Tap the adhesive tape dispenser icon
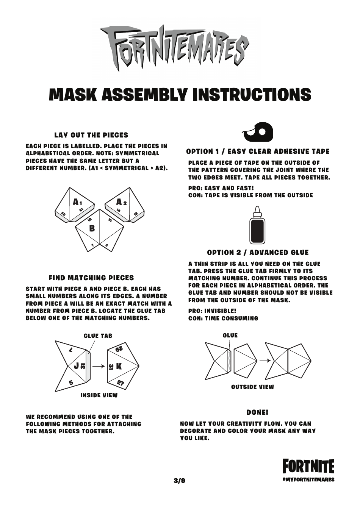tap(258, 132)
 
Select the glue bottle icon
tap(257, 226)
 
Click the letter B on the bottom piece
tap(92, 228)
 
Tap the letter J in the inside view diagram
tap(76, 365)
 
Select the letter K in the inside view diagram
tap(119, 366)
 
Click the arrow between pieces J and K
tap(99, 366)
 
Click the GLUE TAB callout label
tap(98, 336)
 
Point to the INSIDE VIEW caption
tap(99, 395)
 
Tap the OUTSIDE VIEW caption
tap(252, 387)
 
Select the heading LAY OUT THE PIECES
tap(91, 135)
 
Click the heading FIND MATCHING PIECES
tap(91, 278)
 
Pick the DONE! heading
tap(257, 412)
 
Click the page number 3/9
tap(180, 481)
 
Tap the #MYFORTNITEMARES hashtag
tap(308, 479)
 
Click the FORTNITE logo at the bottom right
tap(308, 467)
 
